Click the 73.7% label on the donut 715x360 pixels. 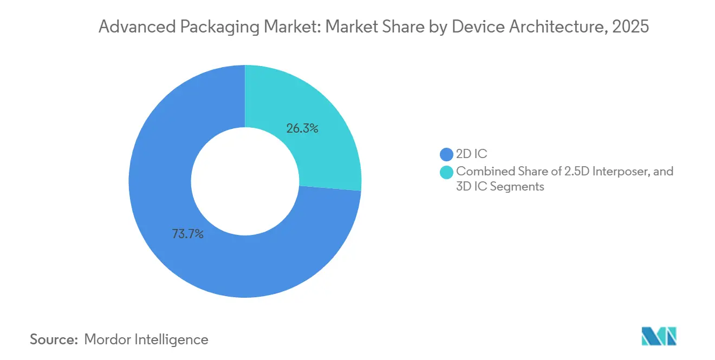tap(187, 234)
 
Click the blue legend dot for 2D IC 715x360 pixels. tap(446, 154)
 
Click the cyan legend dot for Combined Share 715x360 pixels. tap(446, 172)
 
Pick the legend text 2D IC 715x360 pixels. tap(472, 154)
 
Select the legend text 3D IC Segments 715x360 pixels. tap(500, 187)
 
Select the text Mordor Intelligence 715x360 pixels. tap(146, 339)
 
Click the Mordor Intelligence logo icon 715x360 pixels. tap(659, 336)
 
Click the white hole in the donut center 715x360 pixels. tap(245, 181)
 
